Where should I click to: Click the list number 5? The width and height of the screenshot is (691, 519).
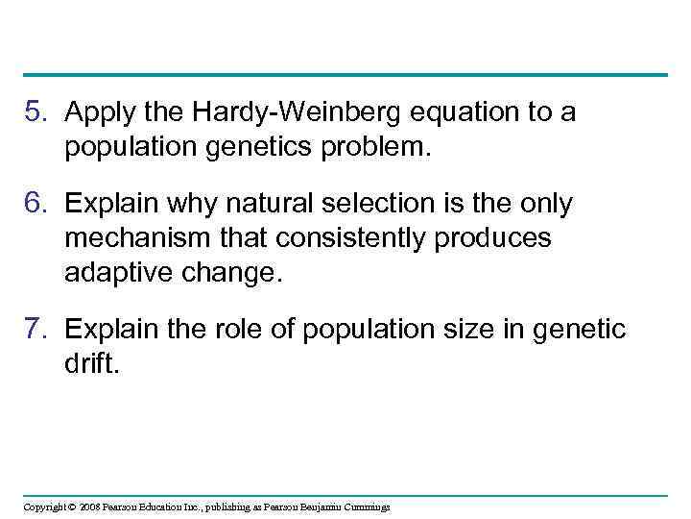[36, 113]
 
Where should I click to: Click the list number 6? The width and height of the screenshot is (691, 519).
[36, 205]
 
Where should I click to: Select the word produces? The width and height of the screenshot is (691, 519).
[494, 237]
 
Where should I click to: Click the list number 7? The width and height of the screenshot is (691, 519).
[36, 331]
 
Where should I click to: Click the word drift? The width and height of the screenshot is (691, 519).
[93, 363]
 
